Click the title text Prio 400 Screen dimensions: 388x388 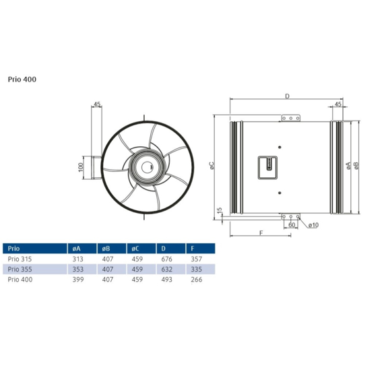click(23, 79)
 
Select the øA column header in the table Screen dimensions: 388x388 click(75, 247)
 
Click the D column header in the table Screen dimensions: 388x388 click(161, 247)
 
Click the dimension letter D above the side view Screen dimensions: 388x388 click(287, 96)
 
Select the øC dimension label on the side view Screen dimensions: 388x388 click(212, 166)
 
